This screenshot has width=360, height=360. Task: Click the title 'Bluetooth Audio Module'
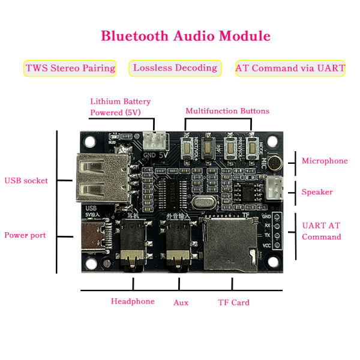(185, 36)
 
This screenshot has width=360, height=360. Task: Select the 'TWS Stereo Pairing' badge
(70, 68)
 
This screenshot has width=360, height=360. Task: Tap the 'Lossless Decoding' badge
(175, 68)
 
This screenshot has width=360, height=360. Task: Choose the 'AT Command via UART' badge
(290, 68)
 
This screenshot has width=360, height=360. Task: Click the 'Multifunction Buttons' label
(227, 111)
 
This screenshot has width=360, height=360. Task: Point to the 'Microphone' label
(325, 161)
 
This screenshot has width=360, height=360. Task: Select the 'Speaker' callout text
(317, 192)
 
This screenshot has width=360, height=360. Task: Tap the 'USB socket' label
(26, 181)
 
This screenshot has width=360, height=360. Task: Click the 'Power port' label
(25, 235)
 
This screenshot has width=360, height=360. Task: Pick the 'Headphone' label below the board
(133, 301)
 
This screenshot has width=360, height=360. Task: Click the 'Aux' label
(181, 302)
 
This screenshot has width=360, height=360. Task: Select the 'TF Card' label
(233, 302)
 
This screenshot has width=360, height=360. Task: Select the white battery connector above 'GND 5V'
(154, 141)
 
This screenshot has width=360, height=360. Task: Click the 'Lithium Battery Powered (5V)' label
(121, 107)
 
